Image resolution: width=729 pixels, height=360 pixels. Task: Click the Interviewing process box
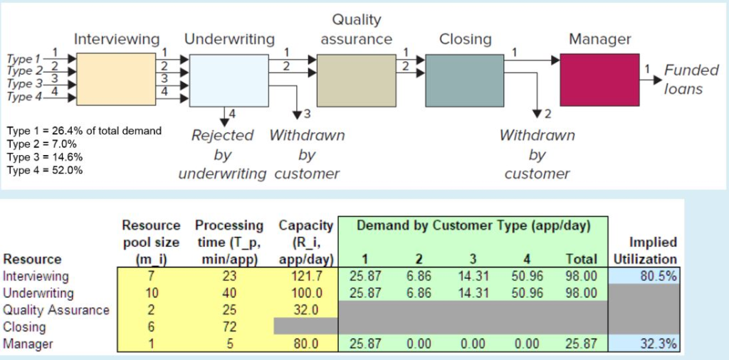click(115, 79)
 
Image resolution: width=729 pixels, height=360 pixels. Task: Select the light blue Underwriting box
click(228, 79)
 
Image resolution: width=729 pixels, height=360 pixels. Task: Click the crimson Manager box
click(599, 79)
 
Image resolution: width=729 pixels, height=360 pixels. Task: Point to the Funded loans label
click(683, 80)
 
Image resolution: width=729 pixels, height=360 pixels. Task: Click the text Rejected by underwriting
click(222, 154)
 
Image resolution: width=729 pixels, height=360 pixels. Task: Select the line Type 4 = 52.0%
click(45, 170)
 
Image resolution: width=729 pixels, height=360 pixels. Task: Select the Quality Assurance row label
click(56, 309)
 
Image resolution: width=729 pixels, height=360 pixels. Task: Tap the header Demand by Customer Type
click(473, 226)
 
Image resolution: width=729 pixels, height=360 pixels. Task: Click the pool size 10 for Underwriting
click(150, 292)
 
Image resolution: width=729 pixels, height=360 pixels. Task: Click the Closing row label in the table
click(24, 327)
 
